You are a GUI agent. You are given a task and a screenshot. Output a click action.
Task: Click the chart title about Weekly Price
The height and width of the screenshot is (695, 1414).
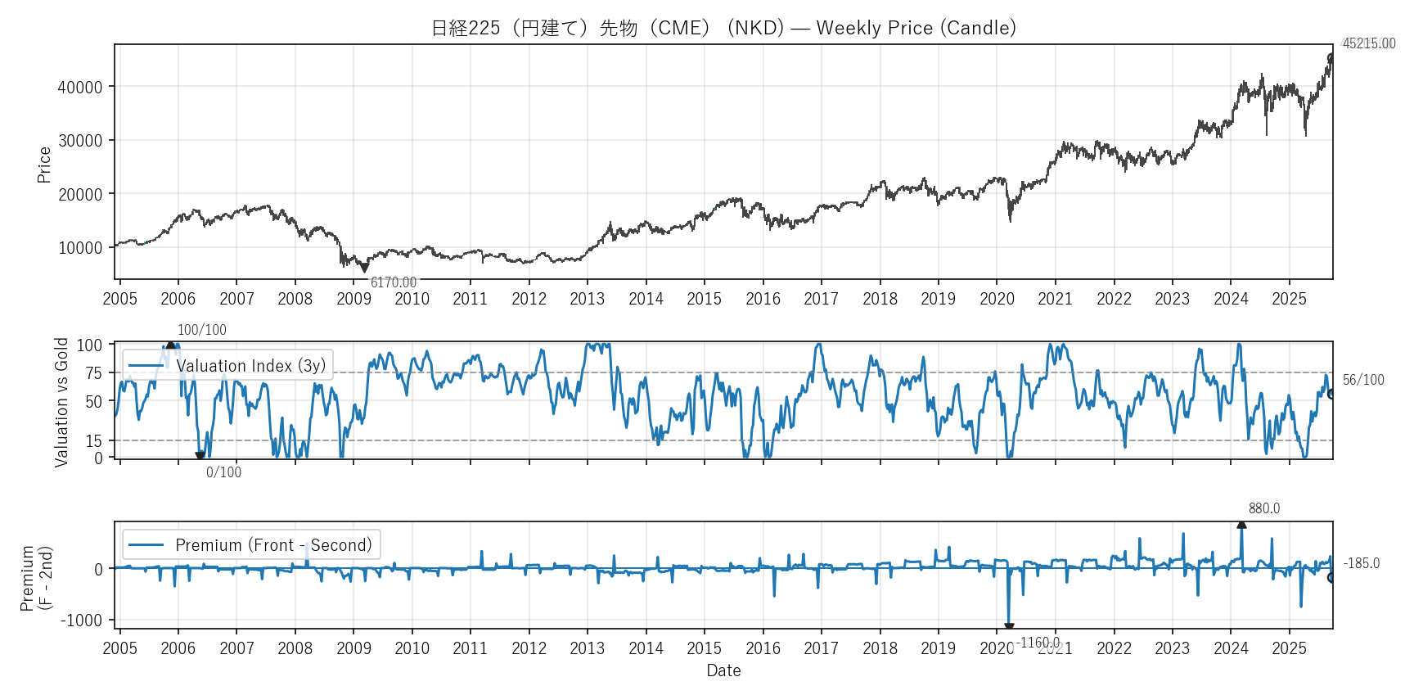(x=723, y=28)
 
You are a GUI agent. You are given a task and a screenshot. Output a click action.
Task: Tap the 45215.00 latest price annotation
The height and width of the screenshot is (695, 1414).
(x=1369, y=43)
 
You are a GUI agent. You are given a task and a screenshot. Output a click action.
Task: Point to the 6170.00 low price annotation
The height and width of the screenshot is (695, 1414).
(x=394, y=282)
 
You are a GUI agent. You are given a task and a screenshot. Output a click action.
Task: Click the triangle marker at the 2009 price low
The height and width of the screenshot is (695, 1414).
(x=364, y=267)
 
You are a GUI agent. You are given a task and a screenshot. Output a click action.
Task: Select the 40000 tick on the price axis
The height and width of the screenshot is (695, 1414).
(x=80, y=87)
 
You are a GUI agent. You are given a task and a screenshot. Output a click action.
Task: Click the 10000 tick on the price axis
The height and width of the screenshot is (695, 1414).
(x=80, y=248)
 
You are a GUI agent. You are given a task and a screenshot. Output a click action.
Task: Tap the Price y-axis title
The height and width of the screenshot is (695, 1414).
(x=44, y=165)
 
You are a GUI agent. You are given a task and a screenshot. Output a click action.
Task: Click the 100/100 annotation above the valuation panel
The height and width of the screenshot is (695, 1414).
(x=202, y=330)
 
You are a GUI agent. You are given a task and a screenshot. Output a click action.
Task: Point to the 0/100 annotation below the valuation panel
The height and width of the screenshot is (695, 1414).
(x=223, y=472)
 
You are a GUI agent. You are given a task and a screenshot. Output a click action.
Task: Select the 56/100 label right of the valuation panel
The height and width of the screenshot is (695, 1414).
(x=1363, y=380)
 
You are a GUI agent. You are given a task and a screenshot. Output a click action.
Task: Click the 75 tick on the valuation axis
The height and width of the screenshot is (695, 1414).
(x=94, y=373)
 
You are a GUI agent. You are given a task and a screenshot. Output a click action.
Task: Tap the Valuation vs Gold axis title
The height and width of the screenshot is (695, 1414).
(x=61, y=402)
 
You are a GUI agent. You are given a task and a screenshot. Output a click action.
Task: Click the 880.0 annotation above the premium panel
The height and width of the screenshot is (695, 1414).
(x=1264, y=508)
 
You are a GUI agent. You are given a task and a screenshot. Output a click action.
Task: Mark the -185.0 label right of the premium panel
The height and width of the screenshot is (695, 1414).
(x=1362, y=563)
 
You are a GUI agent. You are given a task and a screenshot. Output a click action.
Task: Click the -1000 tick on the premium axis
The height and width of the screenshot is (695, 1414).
(x=82, y=621)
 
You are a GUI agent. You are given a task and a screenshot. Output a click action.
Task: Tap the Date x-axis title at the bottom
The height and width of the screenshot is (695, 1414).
(x=723, y=670)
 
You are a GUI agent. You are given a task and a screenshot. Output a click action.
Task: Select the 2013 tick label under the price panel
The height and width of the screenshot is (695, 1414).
(x=588, y=299)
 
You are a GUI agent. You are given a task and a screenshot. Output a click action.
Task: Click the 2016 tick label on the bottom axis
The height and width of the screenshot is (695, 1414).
(x=763, y=648)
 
